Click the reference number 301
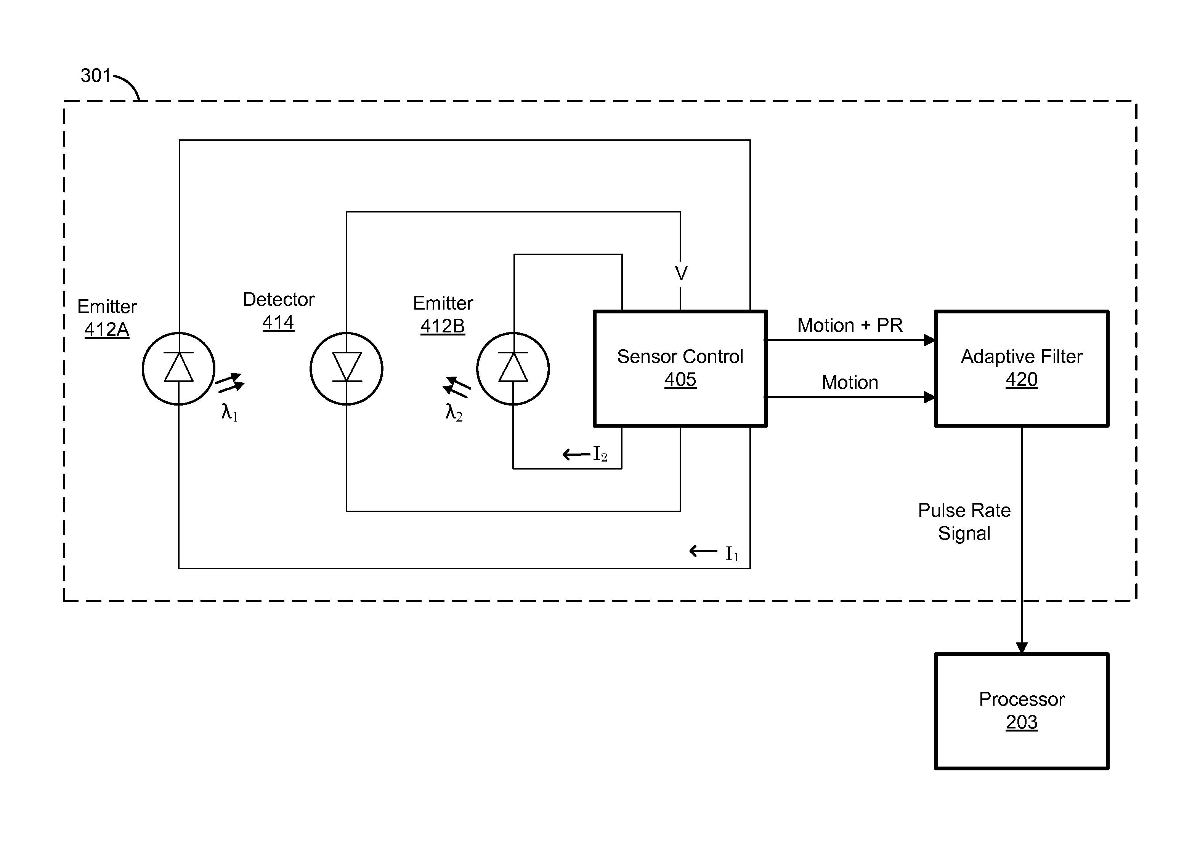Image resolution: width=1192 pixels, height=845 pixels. click(96, 76)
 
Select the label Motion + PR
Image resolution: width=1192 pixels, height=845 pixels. click(849, 325)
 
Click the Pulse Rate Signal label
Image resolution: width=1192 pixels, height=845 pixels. click(964, 522)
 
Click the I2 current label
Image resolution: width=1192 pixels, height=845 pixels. click(600, 454)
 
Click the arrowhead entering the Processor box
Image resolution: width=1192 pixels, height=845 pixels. click(1022, 647)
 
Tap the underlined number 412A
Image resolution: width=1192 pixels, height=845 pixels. click(107, 329)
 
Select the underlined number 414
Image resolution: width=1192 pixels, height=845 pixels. click(278, 323)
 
